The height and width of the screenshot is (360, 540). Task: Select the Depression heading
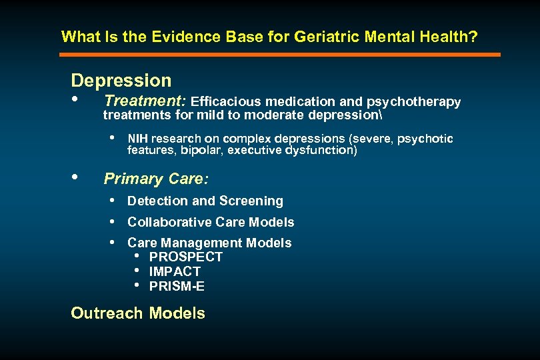[x=121, y=81]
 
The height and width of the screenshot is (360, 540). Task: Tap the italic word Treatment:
[x=145, y=101]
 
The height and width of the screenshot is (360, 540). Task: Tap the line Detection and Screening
[x=205, y=201]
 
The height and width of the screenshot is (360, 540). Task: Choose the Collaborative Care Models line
[x=211, y=222]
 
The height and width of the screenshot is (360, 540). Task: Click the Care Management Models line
[x=209, y=243]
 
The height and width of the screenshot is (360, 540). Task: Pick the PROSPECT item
[x=186, y=257]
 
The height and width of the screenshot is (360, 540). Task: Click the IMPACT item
[x=175, y=271]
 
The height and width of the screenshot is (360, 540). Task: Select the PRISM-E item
[x=177, y=287]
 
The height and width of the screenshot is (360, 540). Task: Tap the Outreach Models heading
[x=138, y=313]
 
